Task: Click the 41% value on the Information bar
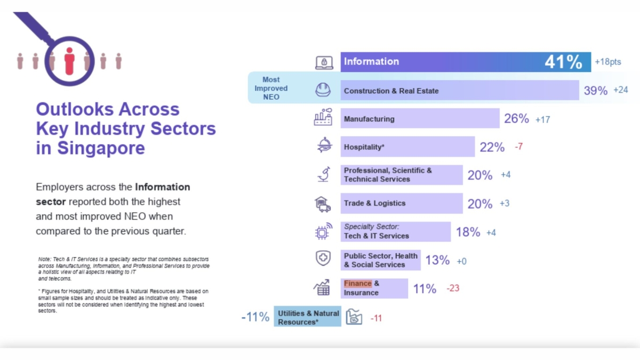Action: pyautogui.click(x=563, y=62)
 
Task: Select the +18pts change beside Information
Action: pyautogui.click(x=608, y=62)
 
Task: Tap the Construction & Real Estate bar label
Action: pyautogui.click(x=391, y=91)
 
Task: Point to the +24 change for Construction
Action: pyautogui.click(x=621, y=90)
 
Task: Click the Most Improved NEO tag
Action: pyautogui.click(x=271, y=88)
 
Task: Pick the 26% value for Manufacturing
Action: pyautogui.click(x=516, y=119)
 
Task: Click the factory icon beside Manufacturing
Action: pyautogui.click(x=323, y=117)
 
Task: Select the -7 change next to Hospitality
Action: pyautogui.click(x=518, y=147)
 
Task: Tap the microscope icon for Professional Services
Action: pyautogui.click(x=323, y=174)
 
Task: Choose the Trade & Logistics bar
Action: pyautogui.click(x=401, y=203)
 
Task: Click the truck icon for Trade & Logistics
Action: pyautogui.click(x=323, y=203)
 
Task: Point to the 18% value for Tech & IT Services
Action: pyautogui.click(x=468, y=233)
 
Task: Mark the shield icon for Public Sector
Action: pyautogui.click(x=323, y=259)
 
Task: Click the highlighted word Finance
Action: pyautogui.click(x=357, y=284)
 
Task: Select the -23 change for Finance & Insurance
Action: pyautogui.click(x=452, y=289)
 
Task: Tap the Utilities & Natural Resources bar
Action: pyautogui.click(x=308, y=317)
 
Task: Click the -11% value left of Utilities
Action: pyautogui.click(x=255, y=317)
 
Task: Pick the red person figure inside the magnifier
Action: pyautogui.click(x=69, y=61)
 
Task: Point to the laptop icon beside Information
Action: pyautogui.click(x=324, y=62)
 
